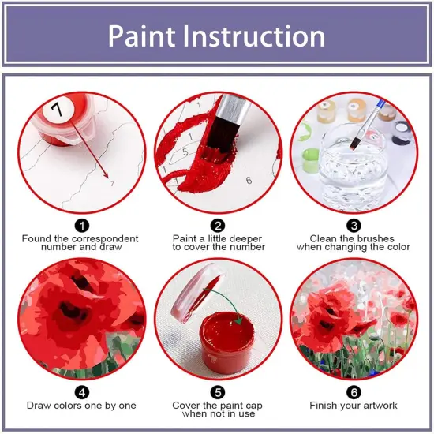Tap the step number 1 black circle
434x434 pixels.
click(82, 226)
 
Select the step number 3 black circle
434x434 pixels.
click(354, 226)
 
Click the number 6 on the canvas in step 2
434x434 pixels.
click(248, 181)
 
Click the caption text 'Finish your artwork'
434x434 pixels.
click(354, 406)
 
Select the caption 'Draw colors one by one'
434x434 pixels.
click(81, 406)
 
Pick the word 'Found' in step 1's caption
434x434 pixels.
click(39, 238)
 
